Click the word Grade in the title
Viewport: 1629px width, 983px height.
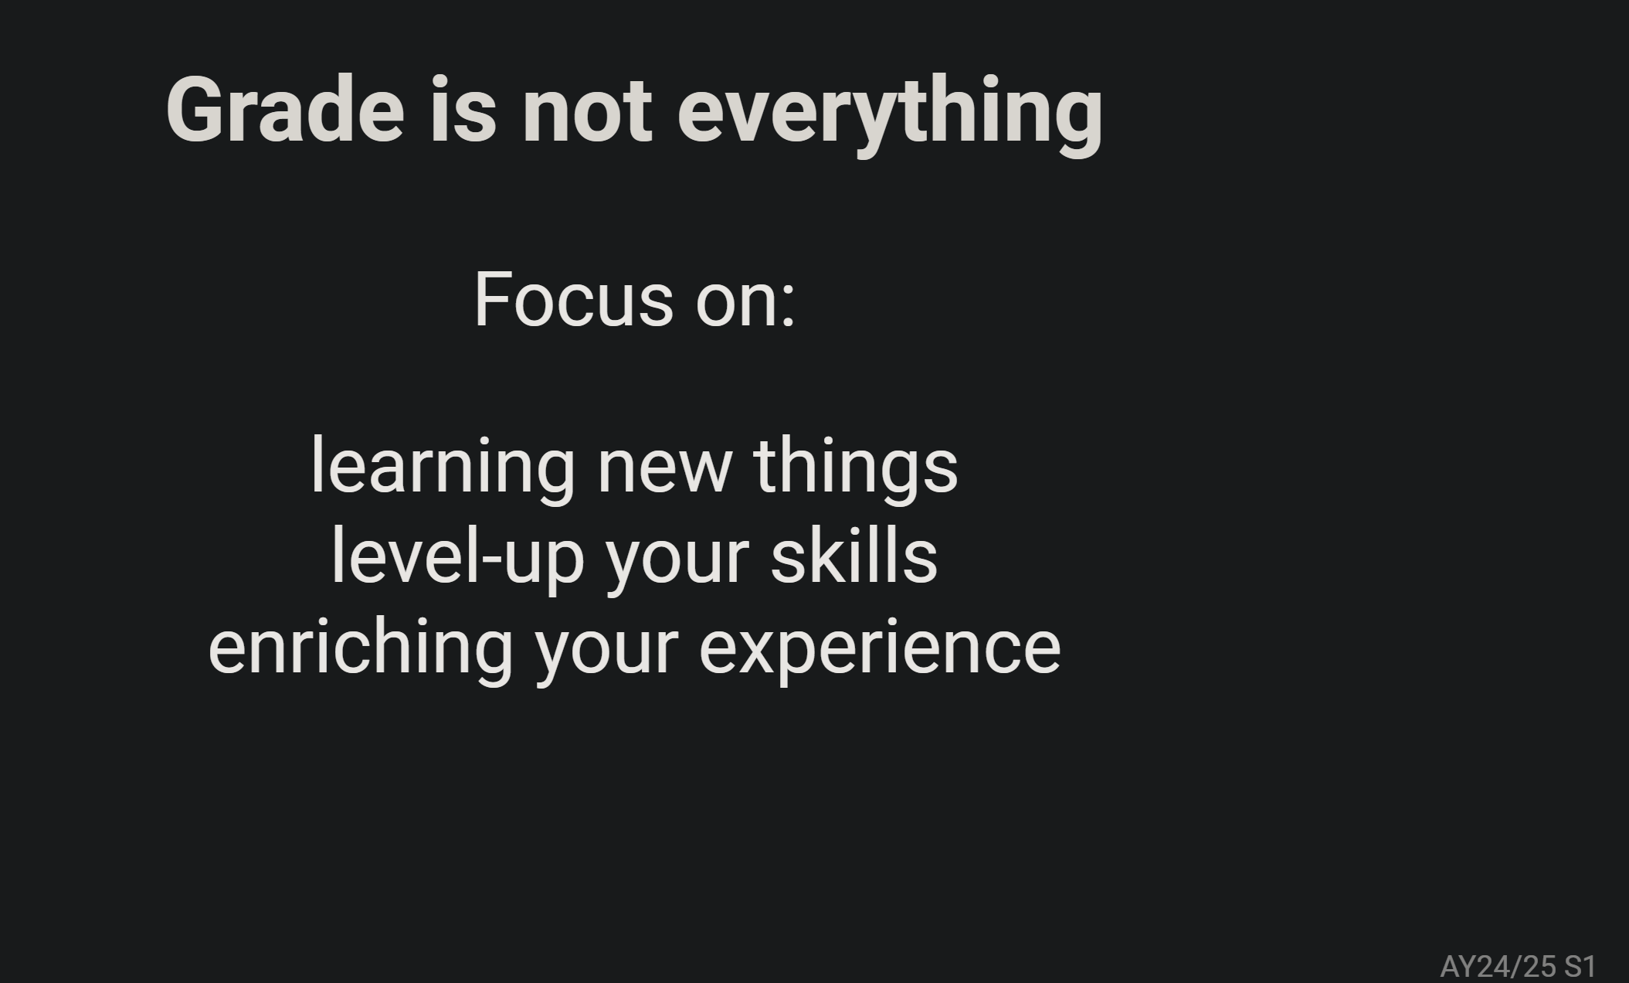click(x=285, y=109)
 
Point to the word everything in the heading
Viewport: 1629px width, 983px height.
click(x=890, y=116)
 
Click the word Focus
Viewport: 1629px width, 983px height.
click(x=574, y=299)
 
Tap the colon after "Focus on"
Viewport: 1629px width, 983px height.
click(x=788, y=306)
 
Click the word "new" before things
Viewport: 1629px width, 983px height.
click(x=664, y=472)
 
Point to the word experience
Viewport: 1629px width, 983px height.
click(x=881, y=650)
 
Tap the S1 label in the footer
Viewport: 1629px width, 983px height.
click(x=1580, y=966)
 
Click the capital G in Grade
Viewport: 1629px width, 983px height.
click(x=193, y=110)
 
